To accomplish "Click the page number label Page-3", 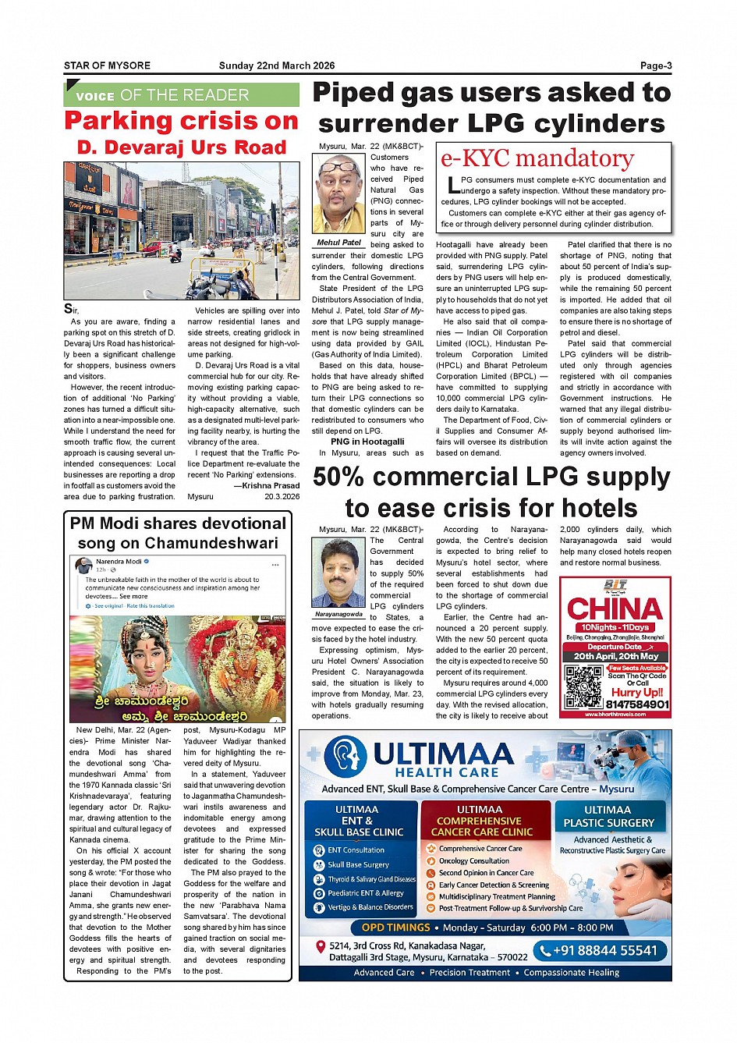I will tap(655, 66).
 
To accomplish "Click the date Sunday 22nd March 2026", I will tap(277, 66).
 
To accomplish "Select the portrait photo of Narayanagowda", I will tap(338, 574).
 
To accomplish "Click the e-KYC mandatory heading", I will tap(537, 158).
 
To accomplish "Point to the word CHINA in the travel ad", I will tap(615, 609).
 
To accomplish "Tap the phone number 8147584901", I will tap(637, 704).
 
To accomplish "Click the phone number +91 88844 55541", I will tap(600, 951).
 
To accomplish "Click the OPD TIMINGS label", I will tap(395, 928).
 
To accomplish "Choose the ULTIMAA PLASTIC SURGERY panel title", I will tap(608, 816).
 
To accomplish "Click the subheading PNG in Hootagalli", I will tap(367, 442).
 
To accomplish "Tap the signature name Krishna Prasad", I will tap(271, 486).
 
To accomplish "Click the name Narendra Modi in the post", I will tap(119, 562).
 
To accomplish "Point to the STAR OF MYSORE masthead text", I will tap(107, 66).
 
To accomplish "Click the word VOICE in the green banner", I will tap(95, 97).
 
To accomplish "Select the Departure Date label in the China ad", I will tap(615, 647).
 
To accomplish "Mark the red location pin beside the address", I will tap(320, 947).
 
